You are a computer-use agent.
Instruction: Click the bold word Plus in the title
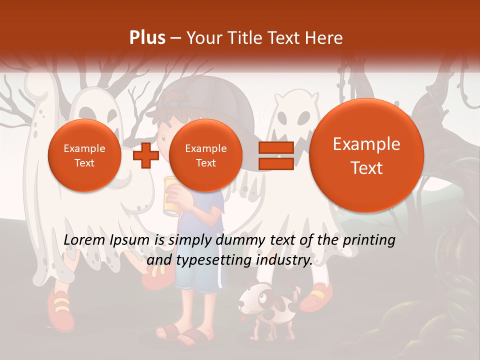tap(147, 38)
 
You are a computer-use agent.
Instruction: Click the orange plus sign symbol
tap(146, 155)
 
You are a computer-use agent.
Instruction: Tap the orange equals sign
tap(275, 155)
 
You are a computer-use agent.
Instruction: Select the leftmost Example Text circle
tap(84, 155)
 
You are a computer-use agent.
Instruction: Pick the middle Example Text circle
tap(205, 155)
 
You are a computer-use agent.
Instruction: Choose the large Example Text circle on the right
tap(366, 155)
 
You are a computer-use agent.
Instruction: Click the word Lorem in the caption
tap(81, 240)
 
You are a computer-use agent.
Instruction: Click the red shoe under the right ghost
tap(317, 296)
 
